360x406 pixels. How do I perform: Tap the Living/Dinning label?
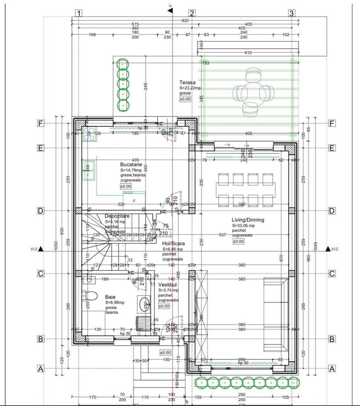pyautogui.click(x=248, y=220)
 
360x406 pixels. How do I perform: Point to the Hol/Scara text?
pyautogui.click(x=173, y=243)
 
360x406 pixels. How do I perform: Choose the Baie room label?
pyautogui.click(x=110, y=297)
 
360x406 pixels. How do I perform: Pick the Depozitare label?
pyautogui.click(x=117, y=216)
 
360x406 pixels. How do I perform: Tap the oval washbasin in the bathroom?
pyautogui.click(x=144, y=304)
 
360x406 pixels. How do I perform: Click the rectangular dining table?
pyautogui.click(x=245, y=190)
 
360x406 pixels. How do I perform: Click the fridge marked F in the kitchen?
pyautogui.click(x=134, y=200)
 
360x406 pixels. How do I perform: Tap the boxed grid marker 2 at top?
pyautogui.click(x=192, y=14)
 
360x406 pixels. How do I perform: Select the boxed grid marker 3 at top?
pyautogui.click(x=291, y=14)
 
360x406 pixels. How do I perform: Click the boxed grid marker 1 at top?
pyautogui.click(x=79, y=14)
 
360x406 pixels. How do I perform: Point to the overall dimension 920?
pyautogui.click(x=185, y=21)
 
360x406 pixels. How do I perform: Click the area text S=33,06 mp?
pyautogui.click(x=244, y=226)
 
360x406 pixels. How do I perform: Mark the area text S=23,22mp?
pyautogui.click(x=190, y=88)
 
